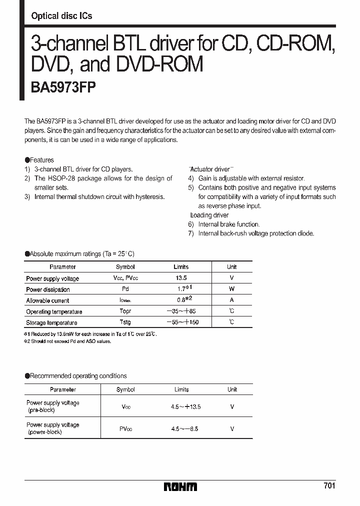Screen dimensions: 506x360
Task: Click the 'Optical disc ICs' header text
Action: [x=61, y=16]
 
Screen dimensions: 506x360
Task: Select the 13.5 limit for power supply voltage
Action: [x=180, y=278]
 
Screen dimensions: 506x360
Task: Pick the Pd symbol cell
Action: [x=125, y=289]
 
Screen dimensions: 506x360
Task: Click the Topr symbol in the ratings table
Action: [x=125, y=311]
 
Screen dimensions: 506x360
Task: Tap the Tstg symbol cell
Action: [x=125, y=322]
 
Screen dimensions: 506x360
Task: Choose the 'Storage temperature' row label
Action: [x=51, y=322]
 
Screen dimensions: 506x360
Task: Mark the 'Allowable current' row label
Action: [x=47, y=300]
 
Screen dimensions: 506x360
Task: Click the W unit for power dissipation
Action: [x=231, y=289]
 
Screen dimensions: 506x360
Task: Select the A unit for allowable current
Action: [x=231, y=300]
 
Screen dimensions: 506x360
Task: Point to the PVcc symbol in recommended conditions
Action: [x=125, y=428]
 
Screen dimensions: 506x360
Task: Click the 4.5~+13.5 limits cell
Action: [x=185, y=406]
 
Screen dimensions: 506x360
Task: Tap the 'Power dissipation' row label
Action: [x=48, y=289]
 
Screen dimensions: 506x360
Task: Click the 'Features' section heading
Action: [x=41, y=160]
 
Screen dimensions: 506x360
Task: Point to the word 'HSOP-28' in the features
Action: [x=74, y=178]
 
